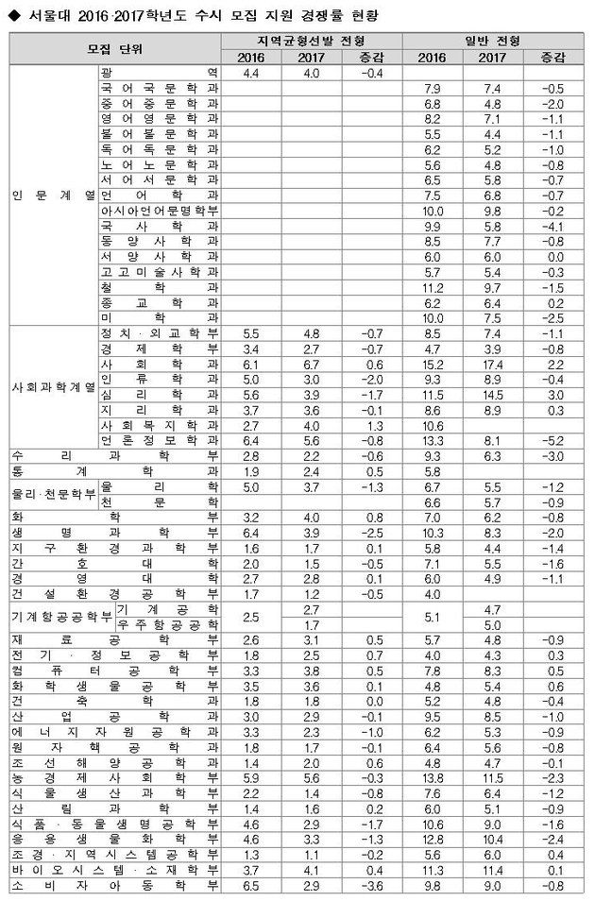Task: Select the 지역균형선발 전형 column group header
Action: tap(311, 42)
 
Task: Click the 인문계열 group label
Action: tap(51, 196)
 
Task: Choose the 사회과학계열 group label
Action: tap(51, 387)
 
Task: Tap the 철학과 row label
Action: tap(159, 286)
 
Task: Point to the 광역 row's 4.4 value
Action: tap(251, 73)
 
